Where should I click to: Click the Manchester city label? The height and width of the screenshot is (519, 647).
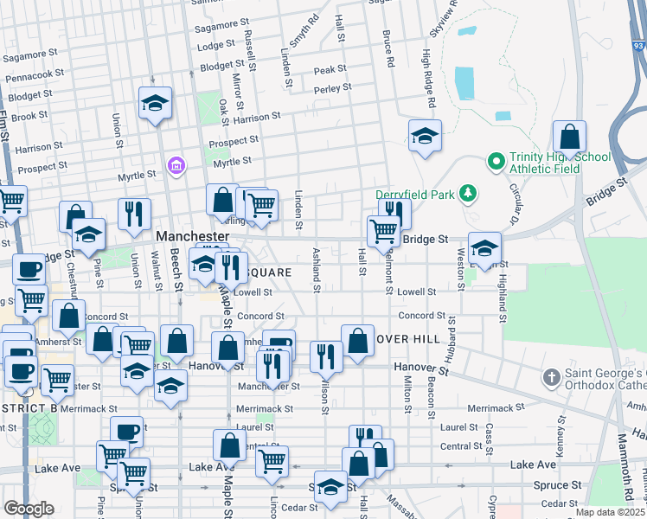click(x=192, y=235)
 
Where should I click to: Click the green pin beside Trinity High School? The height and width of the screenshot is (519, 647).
click(x=496, y=161)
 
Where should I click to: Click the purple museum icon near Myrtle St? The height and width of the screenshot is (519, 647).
click(x=176, y=164)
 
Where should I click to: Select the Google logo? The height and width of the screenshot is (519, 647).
click(x=29, y=509)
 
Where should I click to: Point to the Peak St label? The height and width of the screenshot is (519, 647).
click(x=330, y=69)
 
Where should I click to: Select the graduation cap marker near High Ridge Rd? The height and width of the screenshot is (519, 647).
click(x=425, y=136)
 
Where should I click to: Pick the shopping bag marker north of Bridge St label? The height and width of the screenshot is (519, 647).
click(x=569, y=136)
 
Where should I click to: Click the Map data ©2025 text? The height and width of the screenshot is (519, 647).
click(x=611, y=512)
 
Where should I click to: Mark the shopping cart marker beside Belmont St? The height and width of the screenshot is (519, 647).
click(x=381, y=231)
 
